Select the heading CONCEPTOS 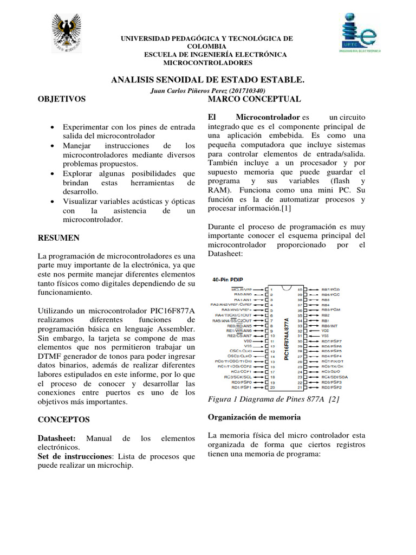63,420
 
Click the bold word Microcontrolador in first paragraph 268,117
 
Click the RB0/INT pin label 330,325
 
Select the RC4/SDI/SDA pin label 334,377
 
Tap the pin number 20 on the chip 272,388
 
